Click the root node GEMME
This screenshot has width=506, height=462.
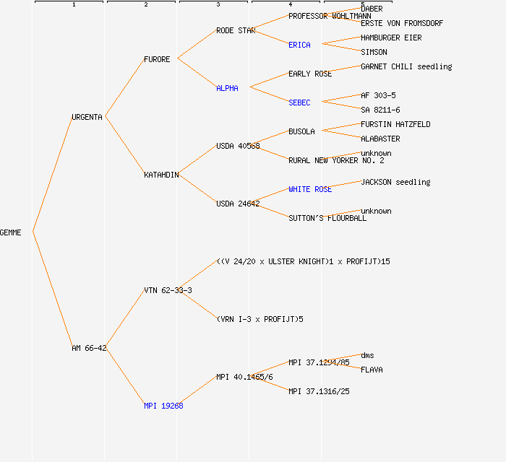11,232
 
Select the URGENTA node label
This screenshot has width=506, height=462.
87,117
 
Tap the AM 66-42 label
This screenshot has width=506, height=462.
89,348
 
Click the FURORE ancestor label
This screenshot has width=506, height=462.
157,59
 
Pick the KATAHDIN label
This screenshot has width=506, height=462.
161,175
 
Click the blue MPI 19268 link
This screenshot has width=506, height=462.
163,406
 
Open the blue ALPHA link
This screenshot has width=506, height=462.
227,88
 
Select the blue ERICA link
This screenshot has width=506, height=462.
299,45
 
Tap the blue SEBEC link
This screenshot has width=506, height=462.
299,103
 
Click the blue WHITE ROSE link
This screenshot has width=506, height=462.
310,189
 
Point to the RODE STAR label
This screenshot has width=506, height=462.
236,30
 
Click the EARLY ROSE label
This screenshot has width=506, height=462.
310,74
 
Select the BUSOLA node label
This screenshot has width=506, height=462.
301,131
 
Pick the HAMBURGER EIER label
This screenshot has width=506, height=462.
391,38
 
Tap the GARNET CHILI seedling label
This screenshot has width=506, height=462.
406,66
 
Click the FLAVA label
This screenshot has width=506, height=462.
372,370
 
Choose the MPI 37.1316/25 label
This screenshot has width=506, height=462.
319,391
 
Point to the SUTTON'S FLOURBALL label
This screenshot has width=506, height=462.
327,218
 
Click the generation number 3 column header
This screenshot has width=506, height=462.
218,5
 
